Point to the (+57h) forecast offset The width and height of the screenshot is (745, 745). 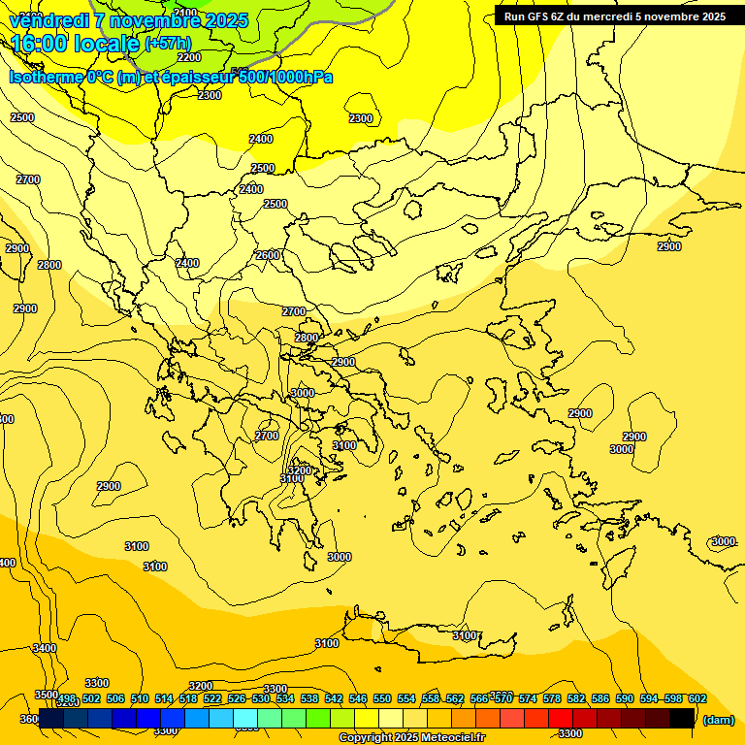(x=168, y=44)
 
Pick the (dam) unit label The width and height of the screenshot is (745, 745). (x=718, y=720)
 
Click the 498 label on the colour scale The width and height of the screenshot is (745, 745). (x=67, y=699)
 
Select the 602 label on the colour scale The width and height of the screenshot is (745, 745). (x=696, y=699)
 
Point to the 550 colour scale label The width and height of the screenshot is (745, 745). (x=382, y=699)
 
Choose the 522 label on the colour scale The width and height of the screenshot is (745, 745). (x=212, y=699)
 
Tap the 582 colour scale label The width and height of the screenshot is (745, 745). (x=576, y=699)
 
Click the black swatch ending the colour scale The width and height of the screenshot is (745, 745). (x=682, y=718)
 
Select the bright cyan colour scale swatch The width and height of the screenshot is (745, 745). (x=245, y=718)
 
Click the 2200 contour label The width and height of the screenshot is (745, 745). (x=189, y=57)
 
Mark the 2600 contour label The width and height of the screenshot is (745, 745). (x=268, y=255)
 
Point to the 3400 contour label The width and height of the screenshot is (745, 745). (x=44, y=648)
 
